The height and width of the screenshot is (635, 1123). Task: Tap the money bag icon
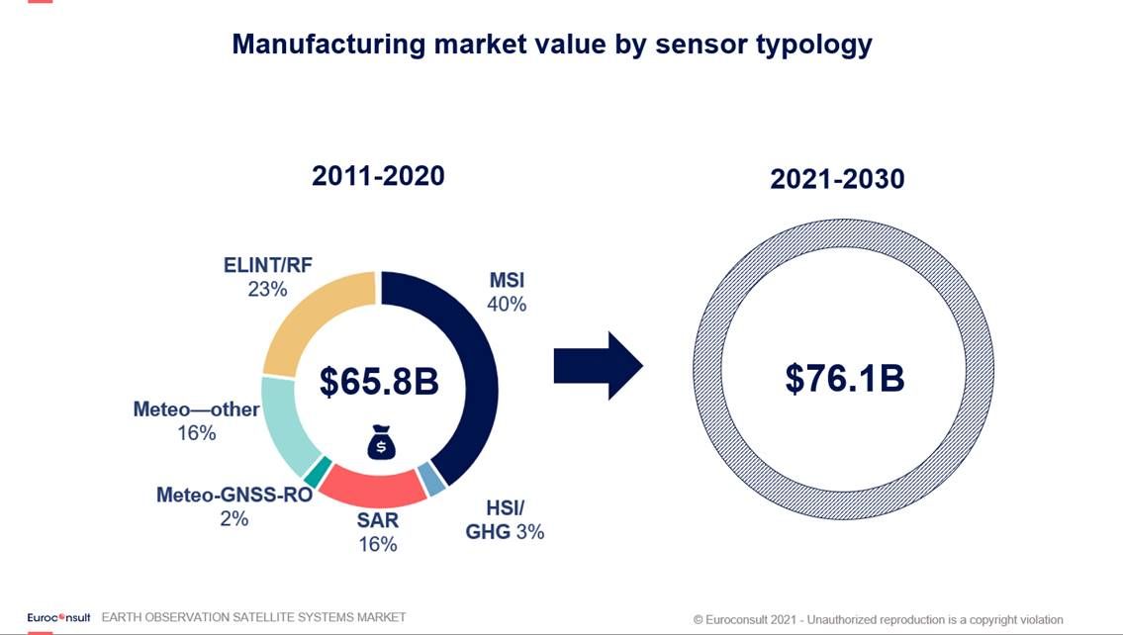(x=381, y=444)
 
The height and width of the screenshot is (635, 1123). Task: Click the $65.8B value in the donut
(x=379, y=382)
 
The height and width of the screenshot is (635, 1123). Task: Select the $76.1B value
(x=845, y=378)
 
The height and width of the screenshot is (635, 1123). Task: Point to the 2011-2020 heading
(x=378, y=176)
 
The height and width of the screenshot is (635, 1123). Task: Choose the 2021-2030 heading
(x=837, y=180)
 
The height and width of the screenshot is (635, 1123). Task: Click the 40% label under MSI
(x=507, y=305)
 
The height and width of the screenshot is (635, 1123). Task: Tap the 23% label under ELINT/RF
(x=267, y=289)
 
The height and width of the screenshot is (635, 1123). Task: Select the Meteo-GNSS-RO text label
(x=234, y=495)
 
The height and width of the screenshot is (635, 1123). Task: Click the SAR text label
(x=377, y=520)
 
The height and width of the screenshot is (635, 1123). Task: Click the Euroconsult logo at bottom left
(x=58, y=617)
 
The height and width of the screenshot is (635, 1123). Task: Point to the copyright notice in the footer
(x=878, y=619)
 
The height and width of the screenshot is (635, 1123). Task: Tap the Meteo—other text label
(x=196, y=409)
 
